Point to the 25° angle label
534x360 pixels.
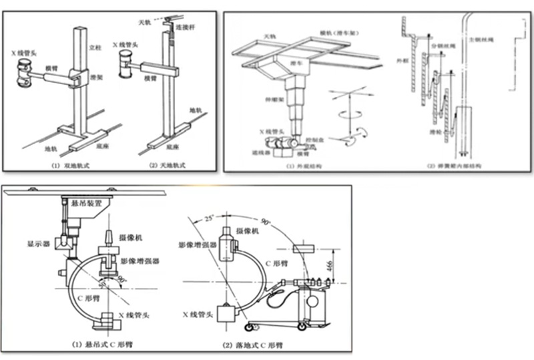[x=209, y=220]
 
